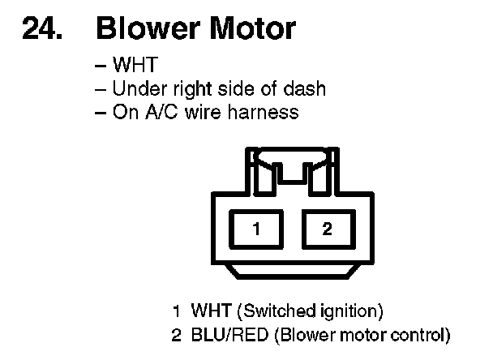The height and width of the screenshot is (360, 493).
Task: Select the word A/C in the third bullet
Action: [156, 111]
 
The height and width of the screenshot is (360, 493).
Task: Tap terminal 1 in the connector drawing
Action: [255, 229]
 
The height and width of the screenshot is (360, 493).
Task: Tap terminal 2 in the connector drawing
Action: [327, 229]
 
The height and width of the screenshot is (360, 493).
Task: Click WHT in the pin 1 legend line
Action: [208, 311]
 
